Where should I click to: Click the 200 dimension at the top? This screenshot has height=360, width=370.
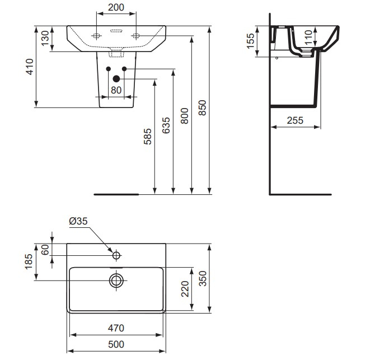pyautogui.click(x=116, y=8)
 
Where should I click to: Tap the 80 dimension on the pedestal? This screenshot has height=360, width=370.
pyautogui.click(x=116, y=90)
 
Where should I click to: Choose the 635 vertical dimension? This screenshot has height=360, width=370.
pyautogui.click(x=166, y=128)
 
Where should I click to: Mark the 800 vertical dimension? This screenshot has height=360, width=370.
pyautogui.click(x=185, y=114)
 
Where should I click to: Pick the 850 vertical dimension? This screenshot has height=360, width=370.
pyautogui.click(x=203, y=107)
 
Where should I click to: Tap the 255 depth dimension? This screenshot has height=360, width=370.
pyautogui.click(x=295, y=119)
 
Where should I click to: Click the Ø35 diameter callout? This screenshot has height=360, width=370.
pyautogui.click(x=78, y=222)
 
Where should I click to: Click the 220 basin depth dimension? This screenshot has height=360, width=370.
pyautogui.click(x=185, y=289)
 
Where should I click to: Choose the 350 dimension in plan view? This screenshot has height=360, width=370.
pyautogui.click(x=203, y=278)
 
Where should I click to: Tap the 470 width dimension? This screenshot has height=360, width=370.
pyautogui.click(x=116, y=328)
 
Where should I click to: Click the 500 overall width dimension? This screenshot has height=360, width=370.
pyautogui.click(x=116, y=344)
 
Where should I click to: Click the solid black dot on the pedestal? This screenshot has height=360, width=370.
pyautogui.click(x=116, y=79)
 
